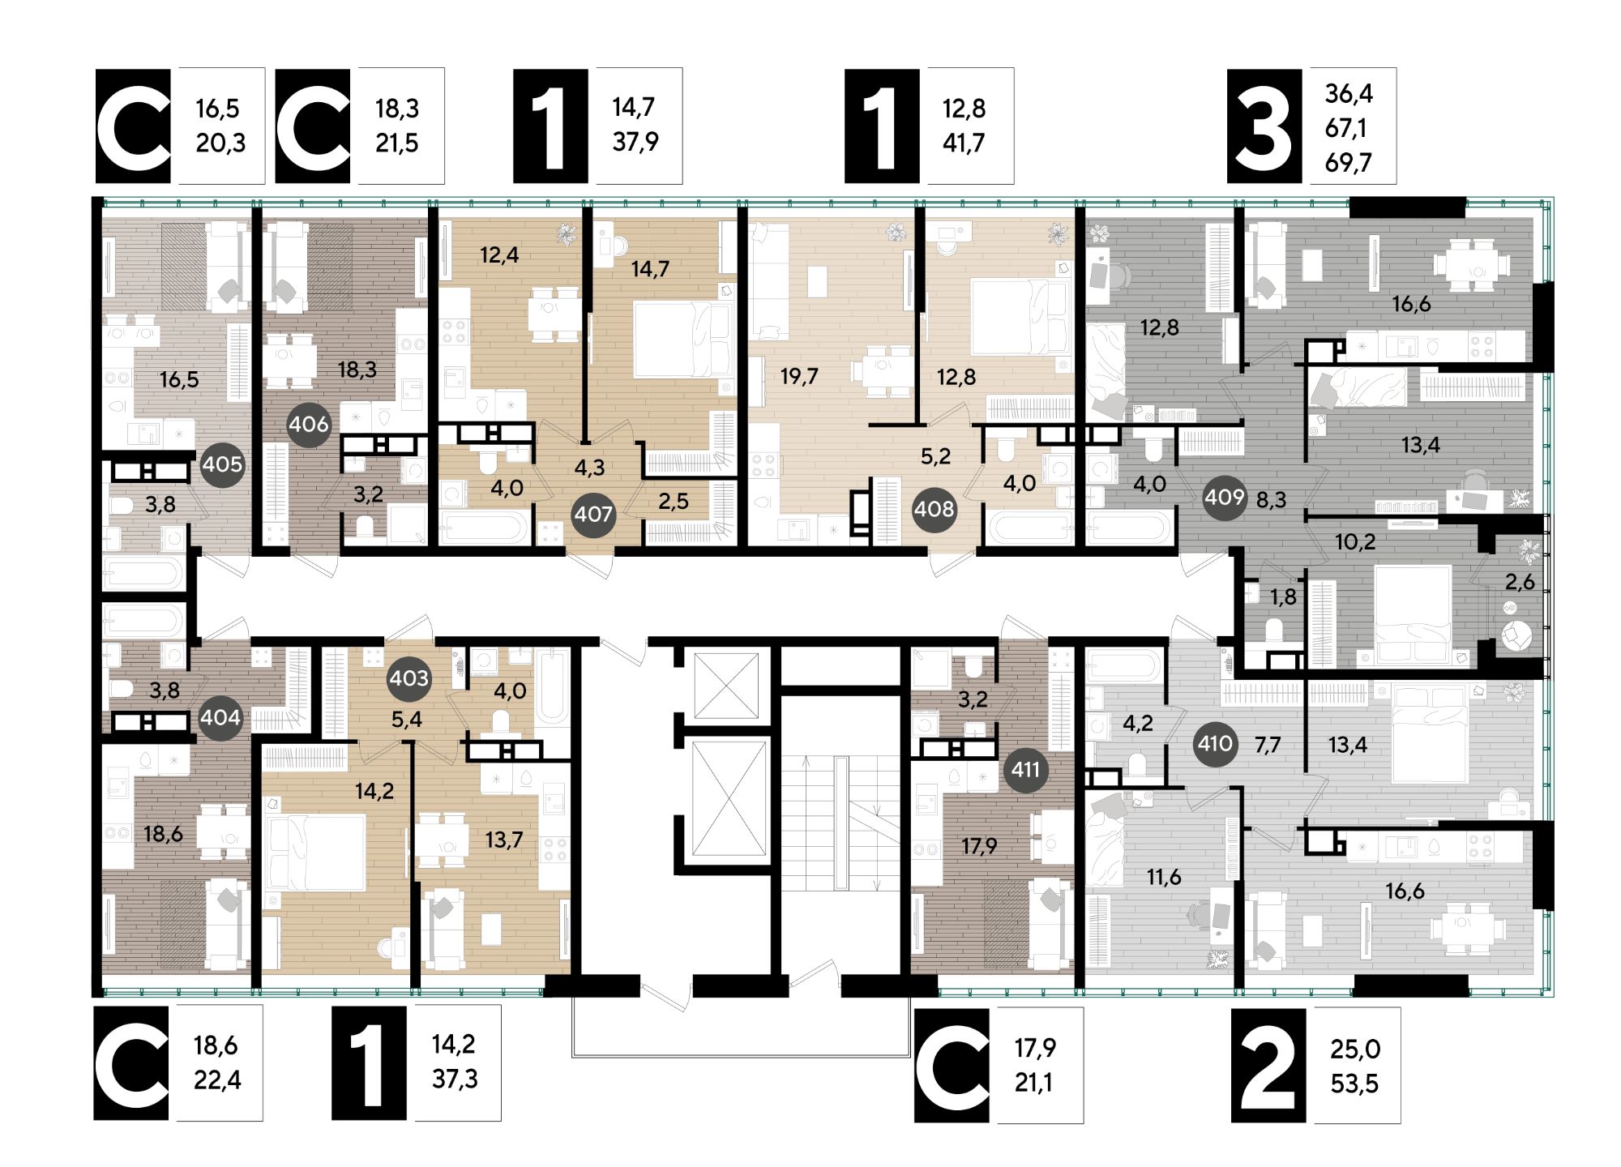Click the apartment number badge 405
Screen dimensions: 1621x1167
point(222,464)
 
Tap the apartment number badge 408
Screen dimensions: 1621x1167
point(934,510)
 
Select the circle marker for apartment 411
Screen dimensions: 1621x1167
point(1025,768)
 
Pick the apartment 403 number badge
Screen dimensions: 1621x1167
point(408,678)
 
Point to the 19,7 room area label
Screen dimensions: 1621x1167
point(799,376)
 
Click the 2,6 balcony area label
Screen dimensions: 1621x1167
point(1520,581)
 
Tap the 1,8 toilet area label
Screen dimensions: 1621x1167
point(1283,596)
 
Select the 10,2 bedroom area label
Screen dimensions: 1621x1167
point(1355,541)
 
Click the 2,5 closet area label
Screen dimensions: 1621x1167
point(673,501)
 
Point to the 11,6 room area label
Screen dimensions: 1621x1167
point(1164,876)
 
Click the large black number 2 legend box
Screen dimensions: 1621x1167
point(1268,1065)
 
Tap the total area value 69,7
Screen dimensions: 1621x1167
point(1349,163)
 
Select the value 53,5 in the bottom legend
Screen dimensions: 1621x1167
point(1354,1084)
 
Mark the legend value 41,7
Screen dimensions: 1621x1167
point(964,143)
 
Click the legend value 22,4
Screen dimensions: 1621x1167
point(217,1080)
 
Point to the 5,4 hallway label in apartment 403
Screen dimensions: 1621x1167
point(406,719)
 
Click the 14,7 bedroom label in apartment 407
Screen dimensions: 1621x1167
point(650,268)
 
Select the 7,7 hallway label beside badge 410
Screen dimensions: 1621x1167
point(1268,744)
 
